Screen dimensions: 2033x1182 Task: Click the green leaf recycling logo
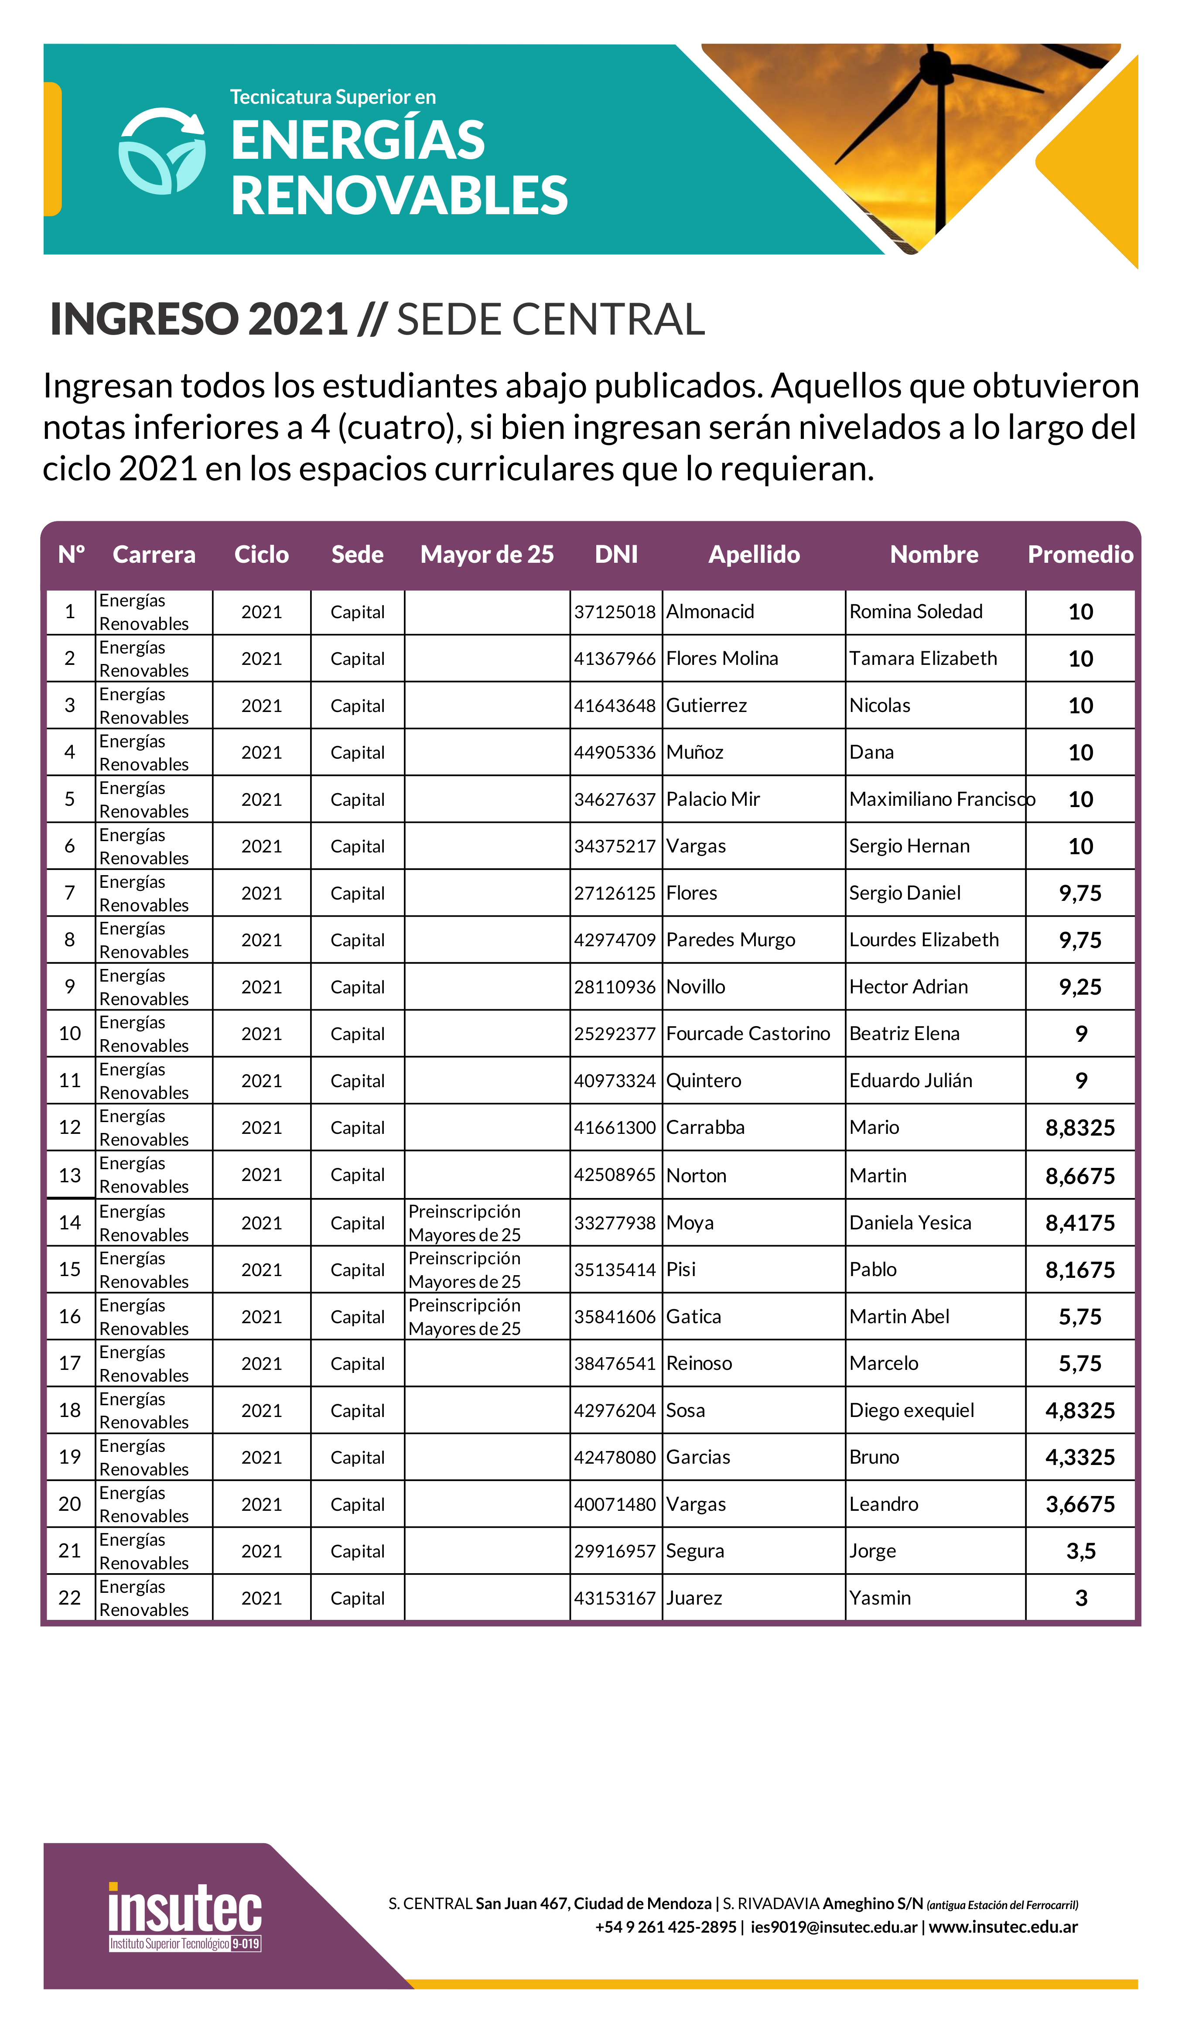coord(161,152)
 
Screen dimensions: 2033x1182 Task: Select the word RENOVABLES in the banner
coord(400,196)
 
